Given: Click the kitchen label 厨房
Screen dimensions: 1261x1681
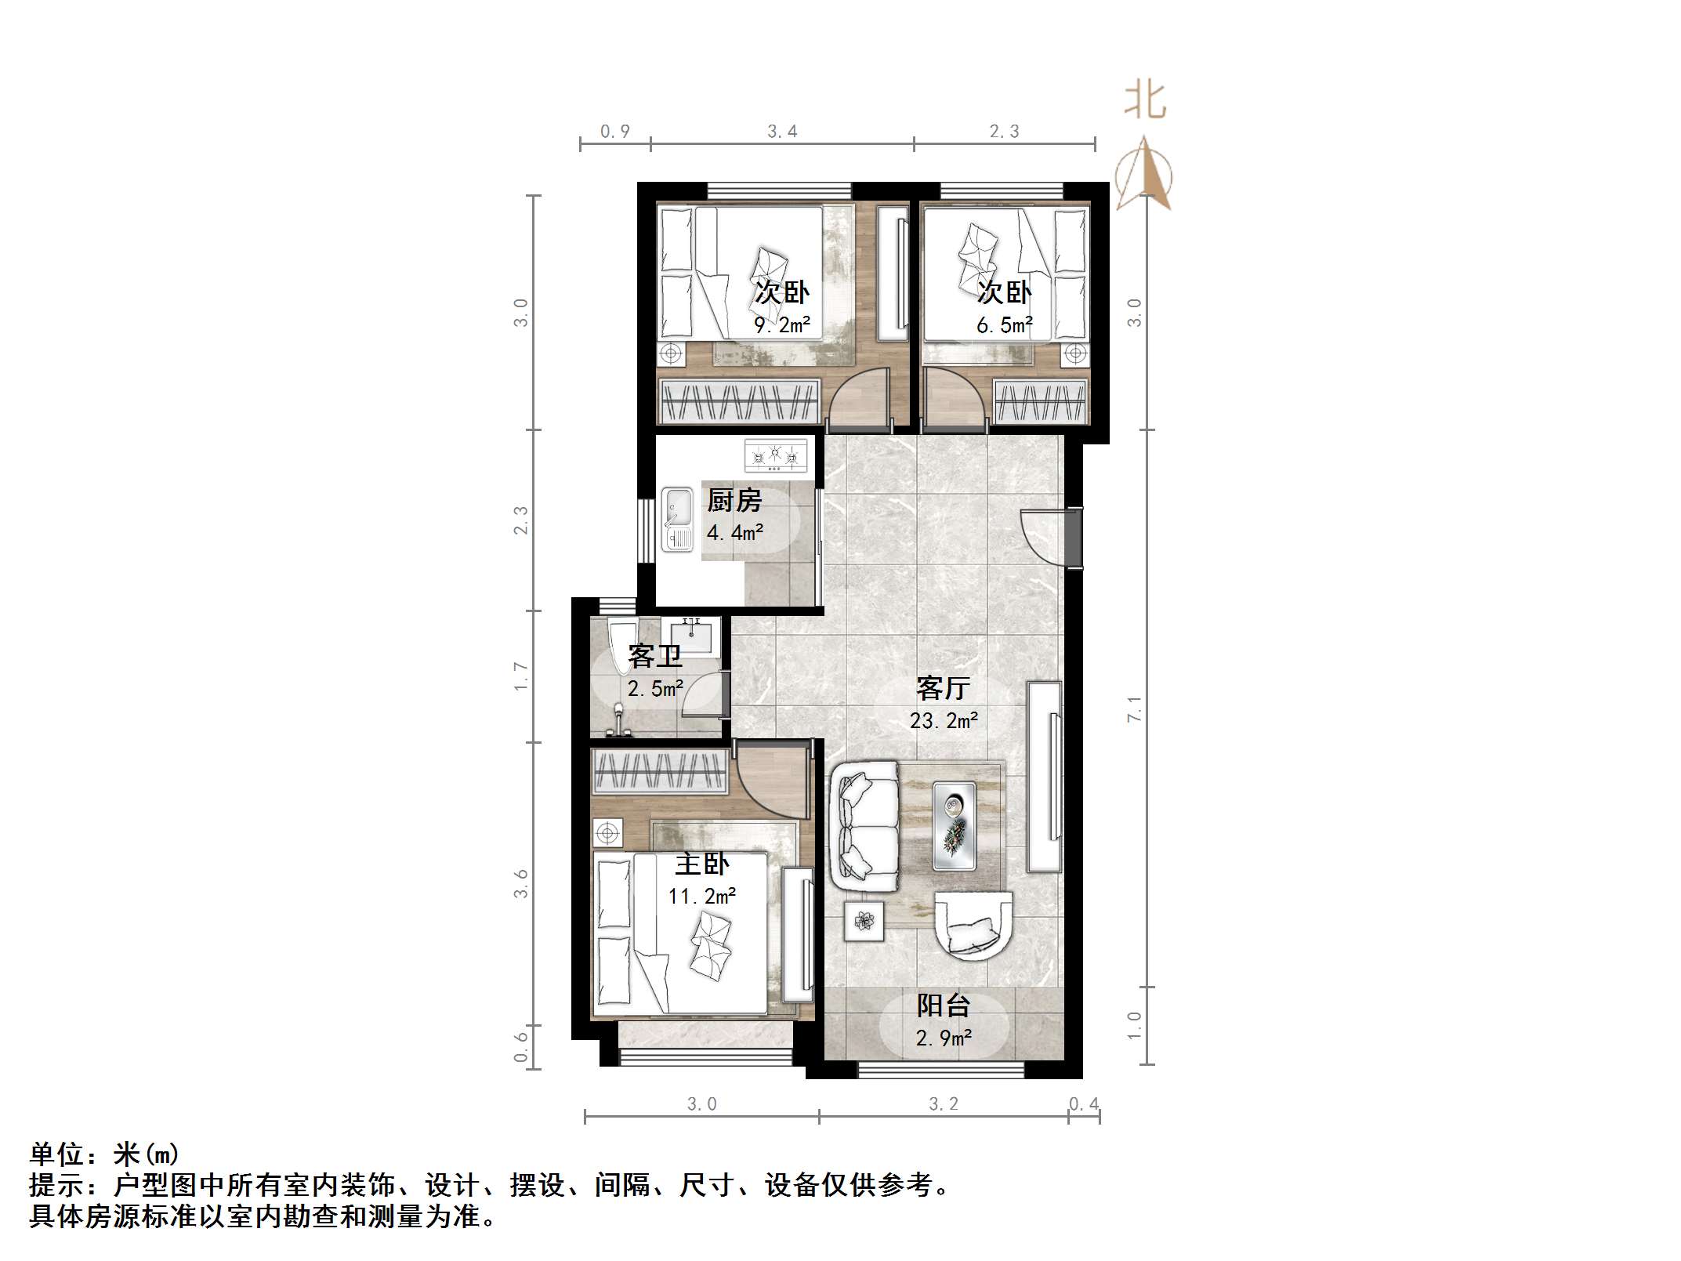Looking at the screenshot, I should click(734, 500).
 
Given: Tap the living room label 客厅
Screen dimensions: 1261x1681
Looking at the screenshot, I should click(943, 688).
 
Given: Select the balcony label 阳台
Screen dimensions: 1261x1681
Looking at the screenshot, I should click(944, 1006).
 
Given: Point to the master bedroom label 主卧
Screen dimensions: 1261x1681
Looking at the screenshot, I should click(701, 864).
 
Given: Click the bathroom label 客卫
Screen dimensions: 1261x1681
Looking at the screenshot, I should click(654, 656).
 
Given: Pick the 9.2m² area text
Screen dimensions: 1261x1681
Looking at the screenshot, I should click(781, 324).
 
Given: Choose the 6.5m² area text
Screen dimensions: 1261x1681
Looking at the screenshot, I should click(1004, 324).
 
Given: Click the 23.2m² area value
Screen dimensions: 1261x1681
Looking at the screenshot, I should click(943, 720).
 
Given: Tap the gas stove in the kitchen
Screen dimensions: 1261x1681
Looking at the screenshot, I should click(775, 456).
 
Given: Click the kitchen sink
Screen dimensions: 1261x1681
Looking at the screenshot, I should click(677, 520).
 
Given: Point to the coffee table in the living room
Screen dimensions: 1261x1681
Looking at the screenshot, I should click(954, 826).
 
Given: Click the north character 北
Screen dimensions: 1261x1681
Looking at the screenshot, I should click(1145, 101).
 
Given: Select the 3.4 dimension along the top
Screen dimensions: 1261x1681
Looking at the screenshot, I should click(781, 132).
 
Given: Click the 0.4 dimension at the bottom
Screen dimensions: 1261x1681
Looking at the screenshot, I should click(1084, 1104).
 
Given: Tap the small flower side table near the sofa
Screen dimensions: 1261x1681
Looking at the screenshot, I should click(864, 920).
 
